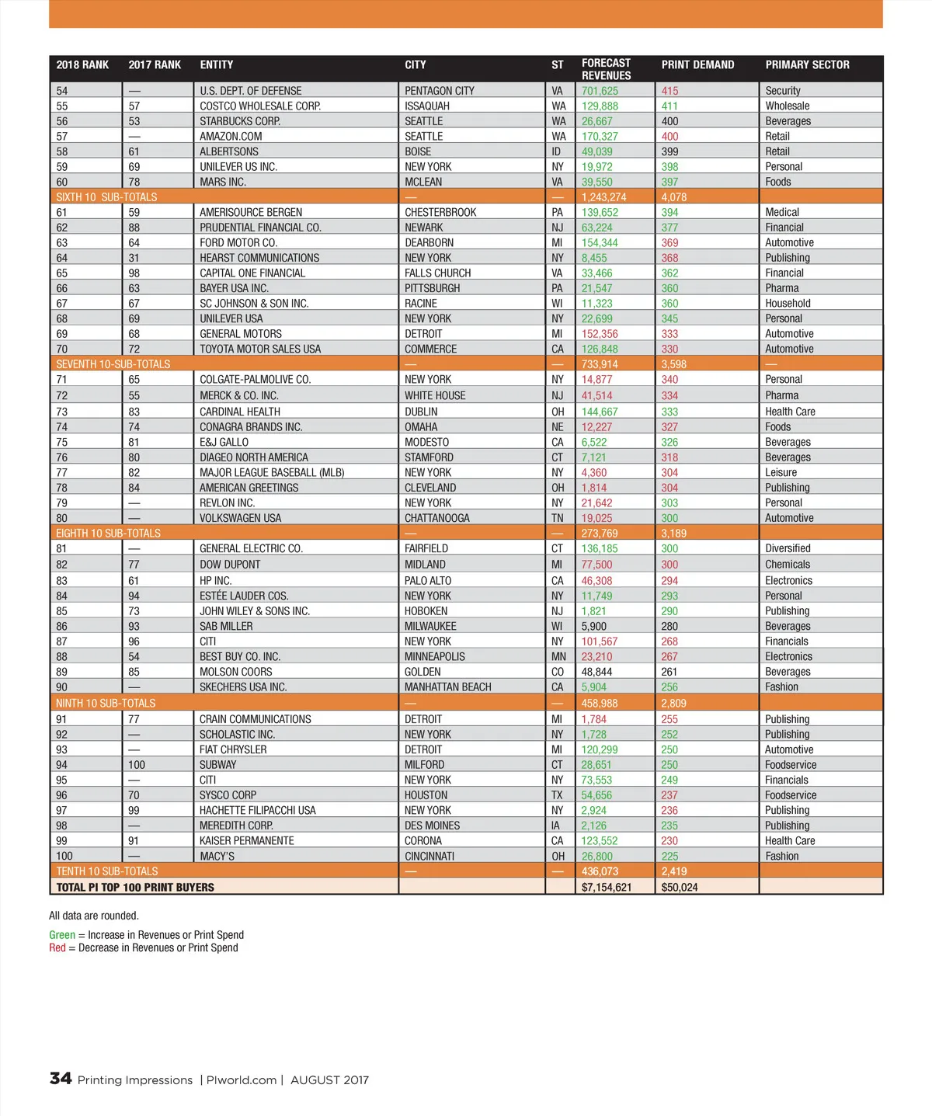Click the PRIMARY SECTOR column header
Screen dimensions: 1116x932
[807, 65]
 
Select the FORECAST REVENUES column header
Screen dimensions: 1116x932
[606, 69]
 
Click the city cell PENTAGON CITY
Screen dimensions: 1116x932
[439, 91]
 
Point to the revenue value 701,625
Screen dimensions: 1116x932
[600, 91]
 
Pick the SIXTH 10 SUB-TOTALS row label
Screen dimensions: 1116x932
[106, 197]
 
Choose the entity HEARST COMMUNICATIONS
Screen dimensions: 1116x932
[259, 258]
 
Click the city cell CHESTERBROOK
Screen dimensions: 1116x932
[440, 212]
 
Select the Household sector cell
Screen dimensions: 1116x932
[788, 304]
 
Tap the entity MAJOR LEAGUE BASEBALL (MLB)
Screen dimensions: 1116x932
[272, 472]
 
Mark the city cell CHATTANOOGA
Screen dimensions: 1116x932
[436, 518]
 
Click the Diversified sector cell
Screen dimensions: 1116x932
[788, 548]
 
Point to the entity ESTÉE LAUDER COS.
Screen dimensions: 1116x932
[244, 596]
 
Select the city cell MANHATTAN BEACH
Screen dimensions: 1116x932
[447, 687]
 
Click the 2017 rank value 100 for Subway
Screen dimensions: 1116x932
[137, 765]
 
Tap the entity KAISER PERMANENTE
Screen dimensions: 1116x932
[247, 841]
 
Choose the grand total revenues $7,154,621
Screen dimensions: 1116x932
[606, 887]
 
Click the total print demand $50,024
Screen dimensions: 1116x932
[679, 887]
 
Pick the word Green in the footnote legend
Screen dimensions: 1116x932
[62, 935]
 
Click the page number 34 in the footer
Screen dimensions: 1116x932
[61, 1079]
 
